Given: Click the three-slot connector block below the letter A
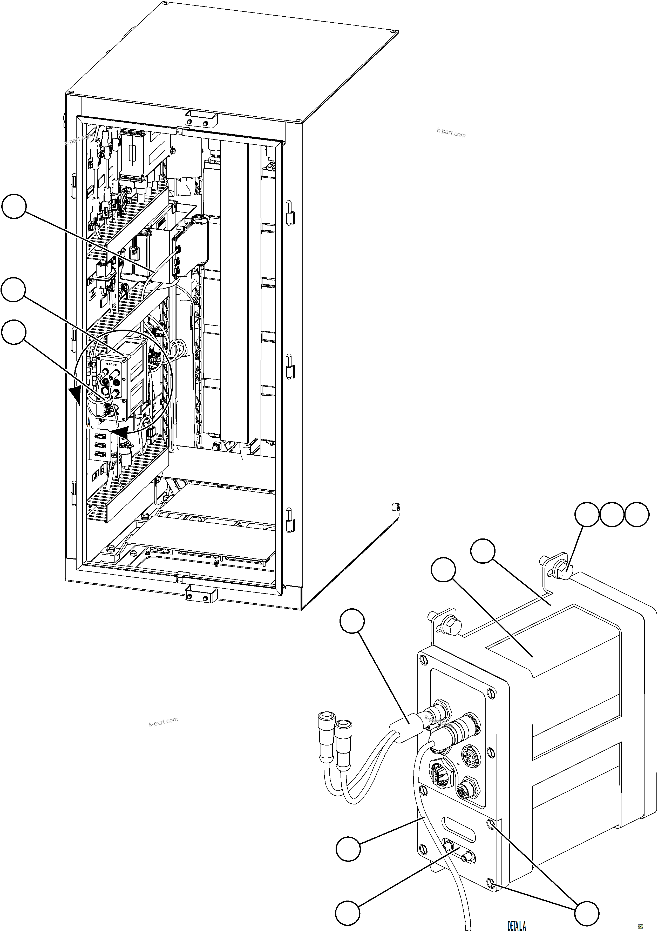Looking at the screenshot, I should click(x=99, y=445).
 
